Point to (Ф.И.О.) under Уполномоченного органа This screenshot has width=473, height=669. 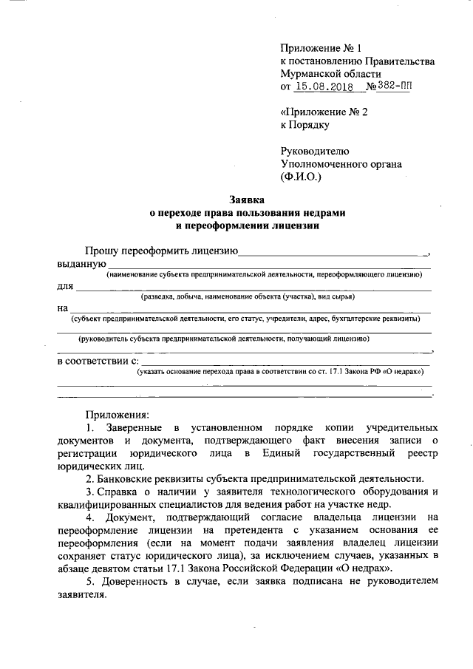(302, 177)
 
